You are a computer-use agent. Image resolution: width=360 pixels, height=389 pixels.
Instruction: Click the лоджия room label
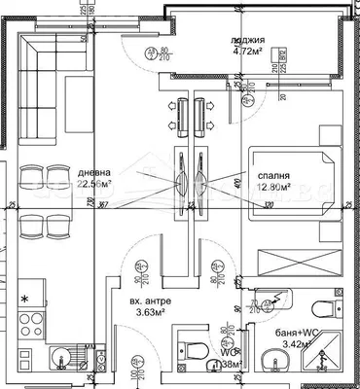pyautogui.click(x=246, y=41)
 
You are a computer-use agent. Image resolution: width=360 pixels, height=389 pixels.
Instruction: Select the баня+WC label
pyautogui.click(x=295, y=332)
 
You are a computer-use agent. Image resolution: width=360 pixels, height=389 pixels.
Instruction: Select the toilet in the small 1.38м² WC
pyautogui.click(x=191, y=349)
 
